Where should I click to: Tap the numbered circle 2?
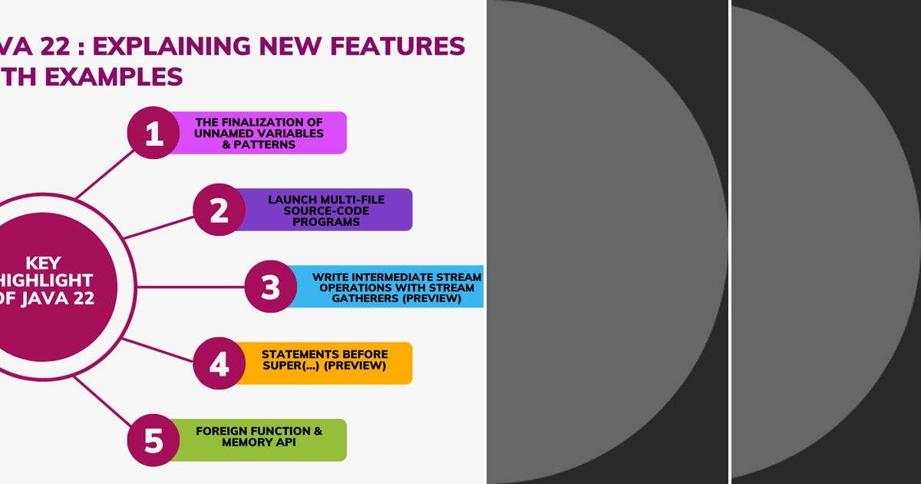(x=220, y=210)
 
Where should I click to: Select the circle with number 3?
(x=271, y=287)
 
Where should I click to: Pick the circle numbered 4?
(x=220, y=363)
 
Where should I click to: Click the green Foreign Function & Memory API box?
(x=261, y=440)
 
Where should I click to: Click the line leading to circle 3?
(x=192, y=287)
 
